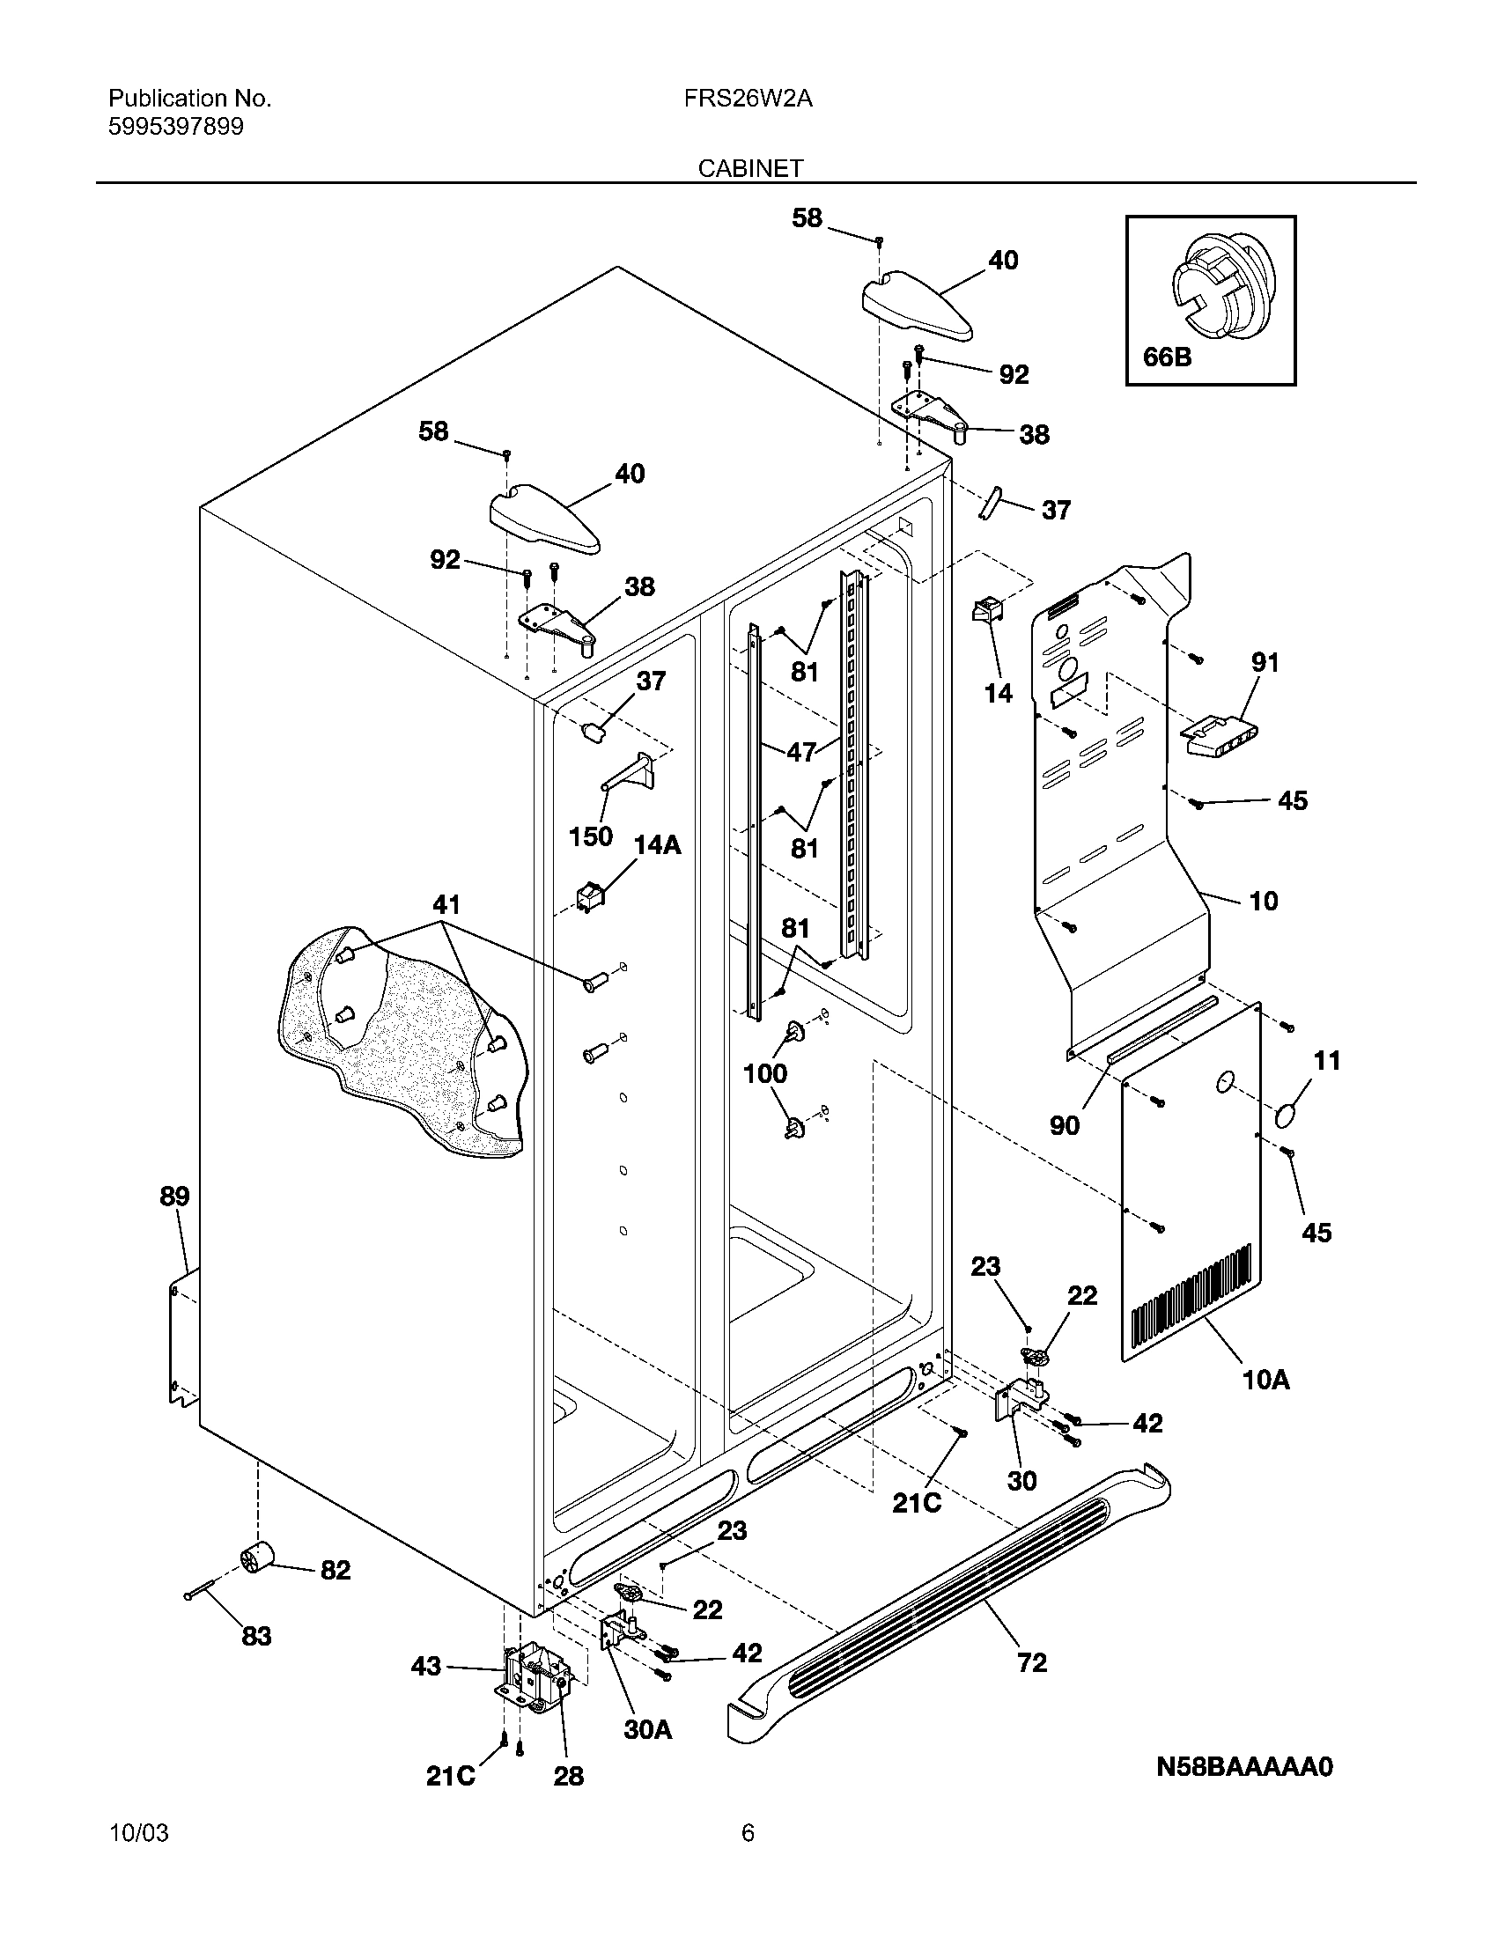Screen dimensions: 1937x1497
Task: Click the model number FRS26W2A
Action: tap(748, 99)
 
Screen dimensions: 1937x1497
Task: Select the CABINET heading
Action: tap(750, 168)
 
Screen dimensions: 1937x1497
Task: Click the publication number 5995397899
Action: tap(175, 127)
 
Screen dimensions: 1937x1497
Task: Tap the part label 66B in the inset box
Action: tap(1167, 357)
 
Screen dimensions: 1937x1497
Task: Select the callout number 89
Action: tap(174, 1197)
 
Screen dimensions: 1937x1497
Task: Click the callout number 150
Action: tap(591, 836)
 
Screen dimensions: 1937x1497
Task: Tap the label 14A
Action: tap(657, 845)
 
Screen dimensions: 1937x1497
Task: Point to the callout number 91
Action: tap(1265, 662)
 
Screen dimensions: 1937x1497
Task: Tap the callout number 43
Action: tap(425, 1667)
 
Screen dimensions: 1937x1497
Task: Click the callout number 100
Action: tap(765, 1073)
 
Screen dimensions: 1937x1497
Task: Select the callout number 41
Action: tap(446, 904)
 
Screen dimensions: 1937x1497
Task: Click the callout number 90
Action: tap(1066, 1125)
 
